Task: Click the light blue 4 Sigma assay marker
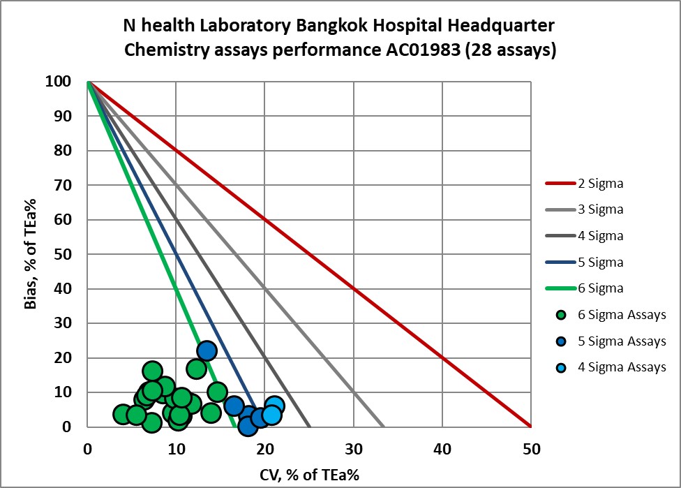point(271,415)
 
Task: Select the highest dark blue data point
point(207,350)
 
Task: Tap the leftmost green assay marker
point(123,415)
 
